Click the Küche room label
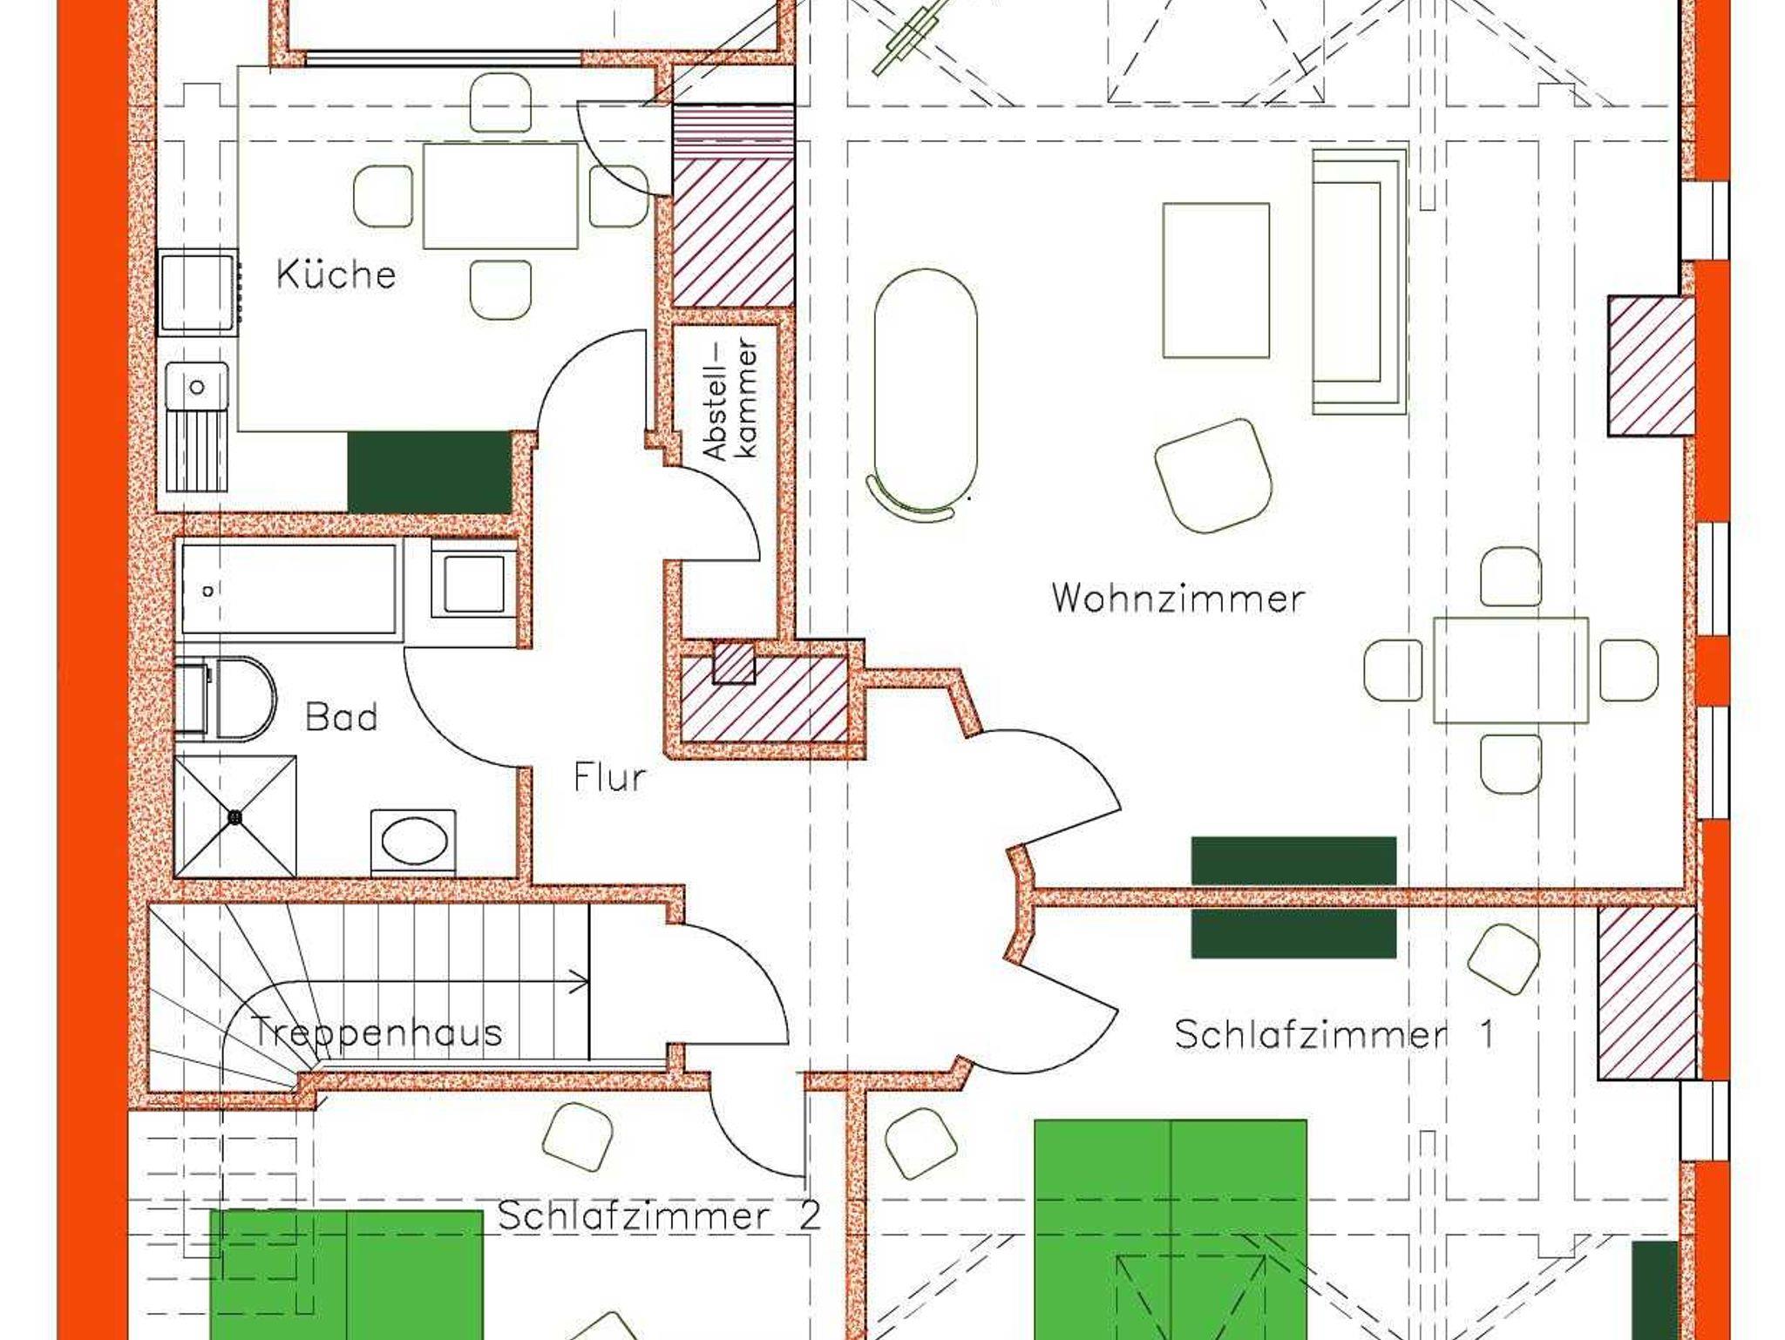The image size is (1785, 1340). pyautogui.click(x=336, y=274)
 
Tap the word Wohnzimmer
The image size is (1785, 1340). pyautogui.click(x=1178, y=599)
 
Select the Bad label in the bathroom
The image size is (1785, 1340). pyautogui.click(x=341, y=717)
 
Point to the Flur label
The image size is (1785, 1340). pyautogui.click(x=610, y=776)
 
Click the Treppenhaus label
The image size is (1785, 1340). pyautogui.click(x=377, y=1032)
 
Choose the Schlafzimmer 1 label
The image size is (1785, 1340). pyautogui.click(x=1334, y=1034)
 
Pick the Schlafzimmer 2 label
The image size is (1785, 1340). pyautogui.click(x=659, y=1215)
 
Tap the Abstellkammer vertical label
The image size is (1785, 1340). pyautogui.click(x=730, y=400)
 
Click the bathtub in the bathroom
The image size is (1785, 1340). pyautogui.click(x=289, y=590)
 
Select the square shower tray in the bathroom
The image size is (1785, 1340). pyautogui.click(x=235, y=816)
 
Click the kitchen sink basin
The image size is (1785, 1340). pyautogui.click(x=198, y=386)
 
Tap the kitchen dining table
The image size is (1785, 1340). pyautogui.click(x=500, y=196)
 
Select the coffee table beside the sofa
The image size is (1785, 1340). pyautogui.click(x=1216, y=281)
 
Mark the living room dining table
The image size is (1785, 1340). pyautogui.click(x=1510, y=670)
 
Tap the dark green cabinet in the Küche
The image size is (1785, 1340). pyautogui.click(x=430, y=472)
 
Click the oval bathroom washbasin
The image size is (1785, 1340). pyautogui.click(x=414, y=843)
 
